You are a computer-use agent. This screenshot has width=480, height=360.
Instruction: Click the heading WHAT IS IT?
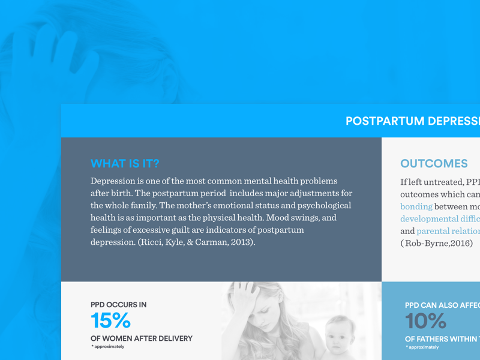pyautogui.click(x=125, y=164)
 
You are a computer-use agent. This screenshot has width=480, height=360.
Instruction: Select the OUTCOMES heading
pyautogui.click(x=434, y=164)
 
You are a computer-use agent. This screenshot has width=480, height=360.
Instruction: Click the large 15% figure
pyautogui.click(x=110, y=321)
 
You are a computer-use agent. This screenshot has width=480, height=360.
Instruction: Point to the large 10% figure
pyautogui.click(x=425, y=321)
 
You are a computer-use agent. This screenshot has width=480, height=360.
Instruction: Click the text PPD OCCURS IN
pyautogui.click(x=118, y=305)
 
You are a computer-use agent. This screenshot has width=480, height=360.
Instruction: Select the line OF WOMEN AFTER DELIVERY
pyautogui.click(x=142, y=338)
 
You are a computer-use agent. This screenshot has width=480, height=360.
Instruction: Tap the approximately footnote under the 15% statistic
pyautogui.click(x=108, y=347)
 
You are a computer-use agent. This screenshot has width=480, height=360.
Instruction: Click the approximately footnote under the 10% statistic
pyautogui.click(x=422, y=347)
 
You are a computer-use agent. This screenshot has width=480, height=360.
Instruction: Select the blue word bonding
pyautogui.click(x=416, y=206)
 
